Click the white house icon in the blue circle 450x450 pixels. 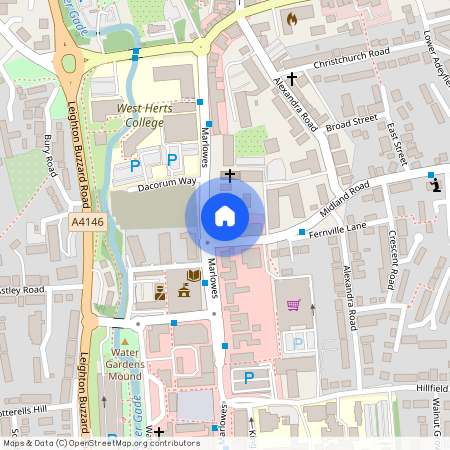[x=225, y=215]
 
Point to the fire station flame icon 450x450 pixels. [x=291, y=19]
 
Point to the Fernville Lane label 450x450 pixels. [x=343, y=233]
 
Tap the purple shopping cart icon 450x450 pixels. [x=293, y=305]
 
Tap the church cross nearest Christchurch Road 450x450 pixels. [x=292, y=78]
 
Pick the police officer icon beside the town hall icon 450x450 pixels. [x=161, y=292]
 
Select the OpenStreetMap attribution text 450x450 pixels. [x=101, y=442]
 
